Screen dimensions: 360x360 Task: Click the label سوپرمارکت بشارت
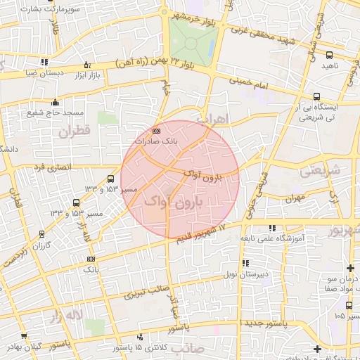pos(40,11)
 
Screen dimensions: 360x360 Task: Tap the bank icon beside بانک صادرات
pos(156,131)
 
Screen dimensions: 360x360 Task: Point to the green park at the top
pos(191,40)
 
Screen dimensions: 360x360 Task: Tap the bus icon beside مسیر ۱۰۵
pos(349,304)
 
